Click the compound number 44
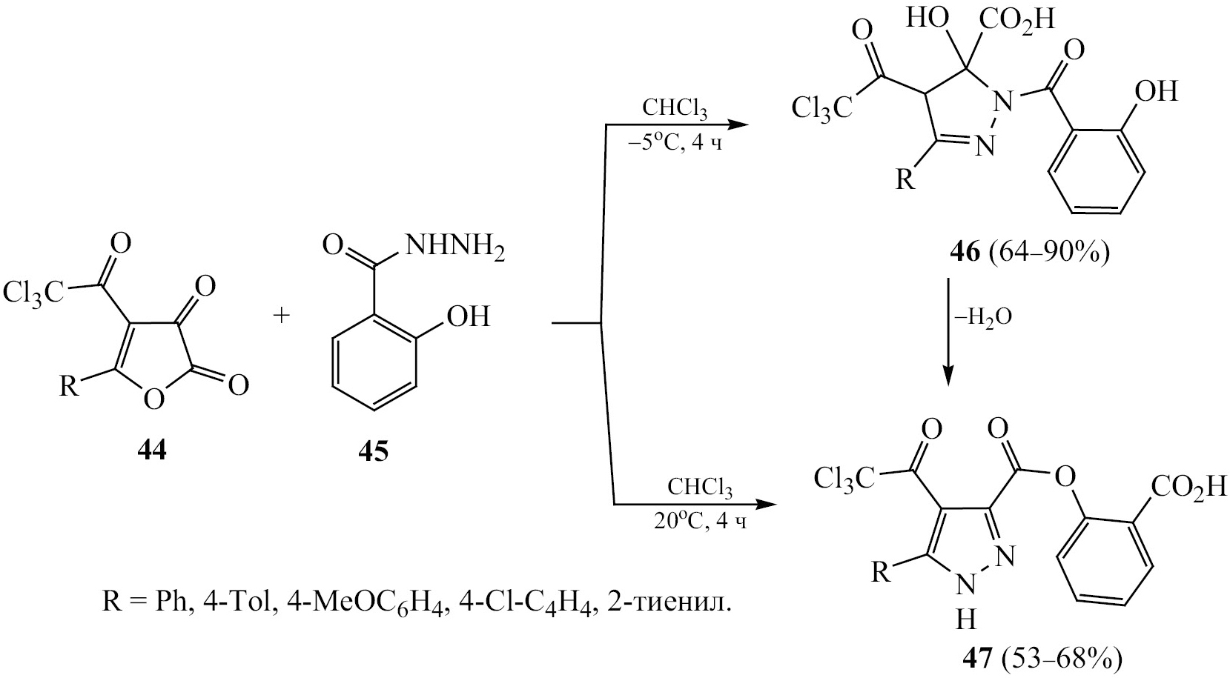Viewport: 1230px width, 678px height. point(153,453)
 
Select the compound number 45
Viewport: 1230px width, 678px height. point(374,453)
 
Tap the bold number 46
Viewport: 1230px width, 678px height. point(965,253)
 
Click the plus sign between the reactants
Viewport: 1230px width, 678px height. point(281,316)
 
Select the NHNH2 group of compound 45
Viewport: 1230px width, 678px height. point(454,247)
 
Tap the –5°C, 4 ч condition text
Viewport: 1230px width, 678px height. point(675,144)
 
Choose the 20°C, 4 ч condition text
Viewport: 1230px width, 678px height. point(700,521)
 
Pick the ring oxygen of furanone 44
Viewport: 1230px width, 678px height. point(154,399)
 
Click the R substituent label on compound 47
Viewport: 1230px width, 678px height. point(882,574)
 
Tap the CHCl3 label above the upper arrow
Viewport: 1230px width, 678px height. point(675,110)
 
